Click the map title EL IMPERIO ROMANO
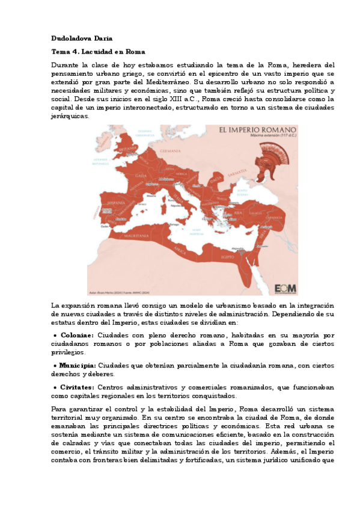tap(257, 130)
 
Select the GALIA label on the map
tap(140, 176)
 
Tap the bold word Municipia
tap(78, 365)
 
